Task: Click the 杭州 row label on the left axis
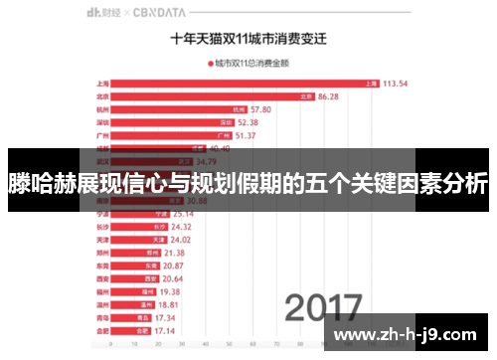[102, 109]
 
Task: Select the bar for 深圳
[174, 122]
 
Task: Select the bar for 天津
[138, 240]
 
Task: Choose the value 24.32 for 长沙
[183, 227]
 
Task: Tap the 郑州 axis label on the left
[102, 253]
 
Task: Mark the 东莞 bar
[134, 266]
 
